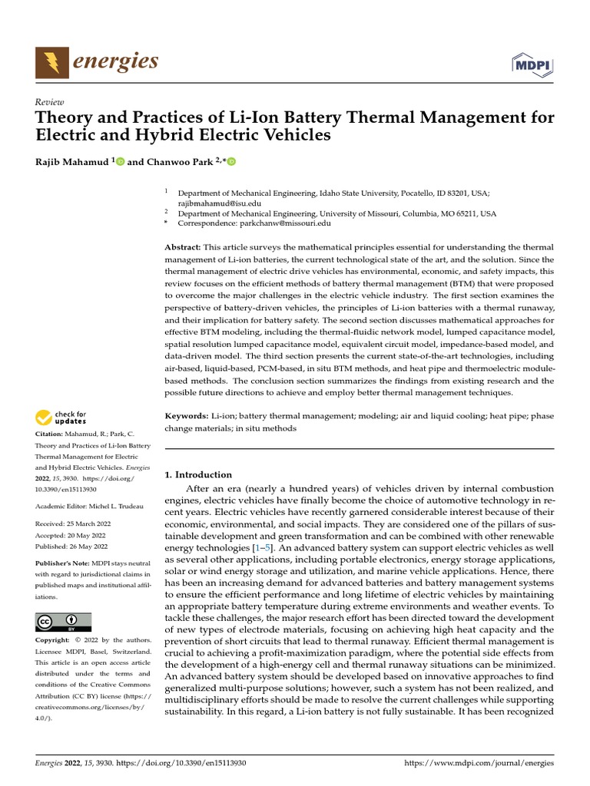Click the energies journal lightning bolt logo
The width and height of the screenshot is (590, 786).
51,61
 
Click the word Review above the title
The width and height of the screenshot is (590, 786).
50,102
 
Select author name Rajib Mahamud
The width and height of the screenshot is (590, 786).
72,161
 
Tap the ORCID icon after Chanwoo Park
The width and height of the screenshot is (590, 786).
230,161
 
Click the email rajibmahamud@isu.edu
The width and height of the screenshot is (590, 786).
220,203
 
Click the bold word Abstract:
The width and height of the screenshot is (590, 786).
183,247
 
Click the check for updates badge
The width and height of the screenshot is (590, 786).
61,418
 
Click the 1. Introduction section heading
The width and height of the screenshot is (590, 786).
198,474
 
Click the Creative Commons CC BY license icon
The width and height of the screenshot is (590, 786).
63,622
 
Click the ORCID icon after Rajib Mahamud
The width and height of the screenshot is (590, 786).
120,161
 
